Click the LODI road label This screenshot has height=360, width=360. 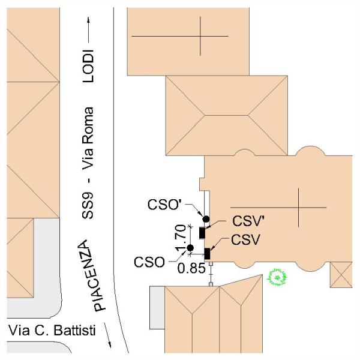pos(88,66)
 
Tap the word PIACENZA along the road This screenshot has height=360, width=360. pos(91,275)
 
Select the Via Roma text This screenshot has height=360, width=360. pos(88,139)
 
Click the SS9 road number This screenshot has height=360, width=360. pos(88,205)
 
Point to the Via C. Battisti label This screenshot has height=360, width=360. pos(52,331)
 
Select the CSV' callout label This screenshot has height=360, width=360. pos(248,221)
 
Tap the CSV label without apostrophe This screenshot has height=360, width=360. pos(245,239)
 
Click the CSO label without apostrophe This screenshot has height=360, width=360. pos(149,262)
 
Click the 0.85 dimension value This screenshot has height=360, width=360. pos(191,268)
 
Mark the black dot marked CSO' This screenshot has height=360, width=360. pos(206,219)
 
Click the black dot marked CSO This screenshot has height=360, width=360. pos(190,248)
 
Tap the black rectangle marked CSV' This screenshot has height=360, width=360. pos(202,233)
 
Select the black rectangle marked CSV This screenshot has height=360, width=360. pos(207,254)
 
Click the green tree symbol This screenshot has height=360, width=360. pos(277,277)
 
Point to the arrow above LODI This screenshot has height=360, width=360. pos(88,30)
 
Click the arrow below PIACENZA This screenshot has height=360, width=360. pos(107,335)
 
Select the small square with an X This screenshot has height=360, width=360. pos(341,275)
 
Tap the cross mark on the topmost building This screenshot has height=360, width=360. pos(200,36)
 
